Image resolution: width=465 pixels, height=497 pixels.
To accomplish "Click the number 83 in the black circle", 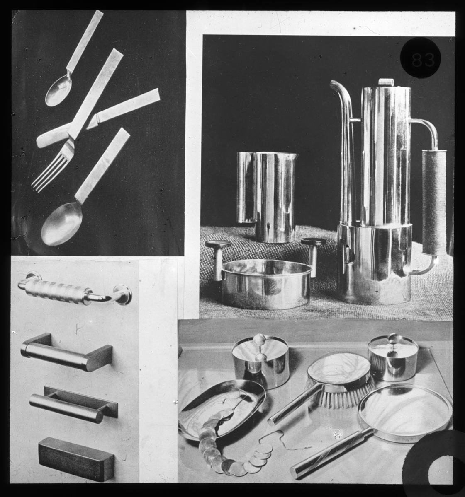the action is pos(423,59).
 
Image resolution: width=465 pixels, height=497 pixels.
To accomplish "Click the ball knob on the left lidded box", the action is pos(258,340).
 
